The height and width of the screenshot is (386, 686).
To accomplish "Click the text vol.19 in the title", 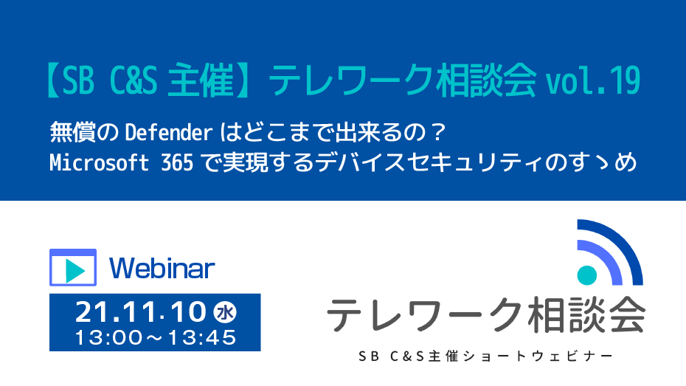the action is tap(593, 81).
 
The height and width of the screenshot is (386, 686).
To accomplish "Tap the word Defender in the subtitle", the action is tap(168, 133).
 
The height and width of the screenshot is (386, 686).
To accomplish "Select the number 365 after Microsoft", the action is tap(177, 162).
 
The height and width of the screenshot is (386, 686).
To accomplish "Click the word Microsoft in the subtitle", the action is tap(99, 162).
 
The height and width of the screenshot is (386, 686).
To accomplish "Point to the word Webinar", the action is tap(162, 268).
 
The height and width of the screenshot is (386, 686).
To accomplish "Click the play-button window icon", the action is tap(72, 267).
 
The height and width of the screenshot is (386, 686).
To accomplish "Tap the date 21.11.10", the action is tap(140, 312).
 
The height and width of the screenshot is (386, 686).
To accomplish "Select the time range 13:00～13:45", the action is tap(156, 337).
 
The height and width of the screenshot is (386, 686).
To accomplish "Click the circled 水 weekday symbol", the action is tap(225, 312).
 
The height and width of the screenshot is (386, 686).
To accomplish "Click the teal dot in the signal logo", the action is tap(587, 275).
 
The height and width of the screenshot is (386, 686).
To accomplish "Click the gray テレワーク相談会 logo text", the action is tap(486, 315).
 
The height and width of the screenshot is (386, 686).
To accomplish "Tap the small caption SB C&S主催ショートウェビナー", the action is tap(485, 356).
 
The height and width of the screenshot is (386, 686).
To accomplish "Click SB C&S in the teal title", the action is tap(109, 81).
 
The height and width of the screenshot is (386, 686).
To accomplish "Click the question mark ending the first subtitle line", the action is tap(436, 133).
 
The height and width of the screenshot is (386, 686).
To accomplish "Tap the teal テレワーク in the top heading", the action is tap(350, 81).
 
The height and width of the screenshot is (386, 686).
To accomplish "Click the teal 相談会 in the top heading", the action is tap(485, 81).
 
